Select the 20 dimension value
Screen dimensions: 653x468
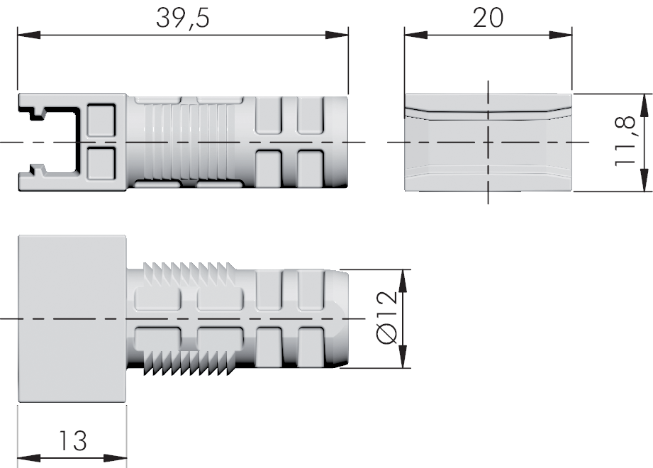click(x=488, y=18)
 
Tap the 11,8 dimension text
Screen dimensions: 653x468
click(x=625, y=140)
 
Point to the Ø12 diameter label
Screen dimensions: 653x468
click(x=387, y=318)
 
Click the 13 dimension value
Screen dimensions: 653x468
click(x=72, y=440)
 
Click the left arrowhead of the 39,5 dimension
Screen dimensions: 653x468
click(x=29, y=35)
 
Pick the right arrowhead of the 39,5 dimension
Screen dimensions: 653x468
click(x=337, y=35)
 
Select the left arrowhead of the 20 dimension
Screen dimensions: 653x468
click(x=415, y=35)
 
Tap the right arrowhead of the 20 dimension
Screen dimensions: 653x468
click(x=561, y=35)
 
